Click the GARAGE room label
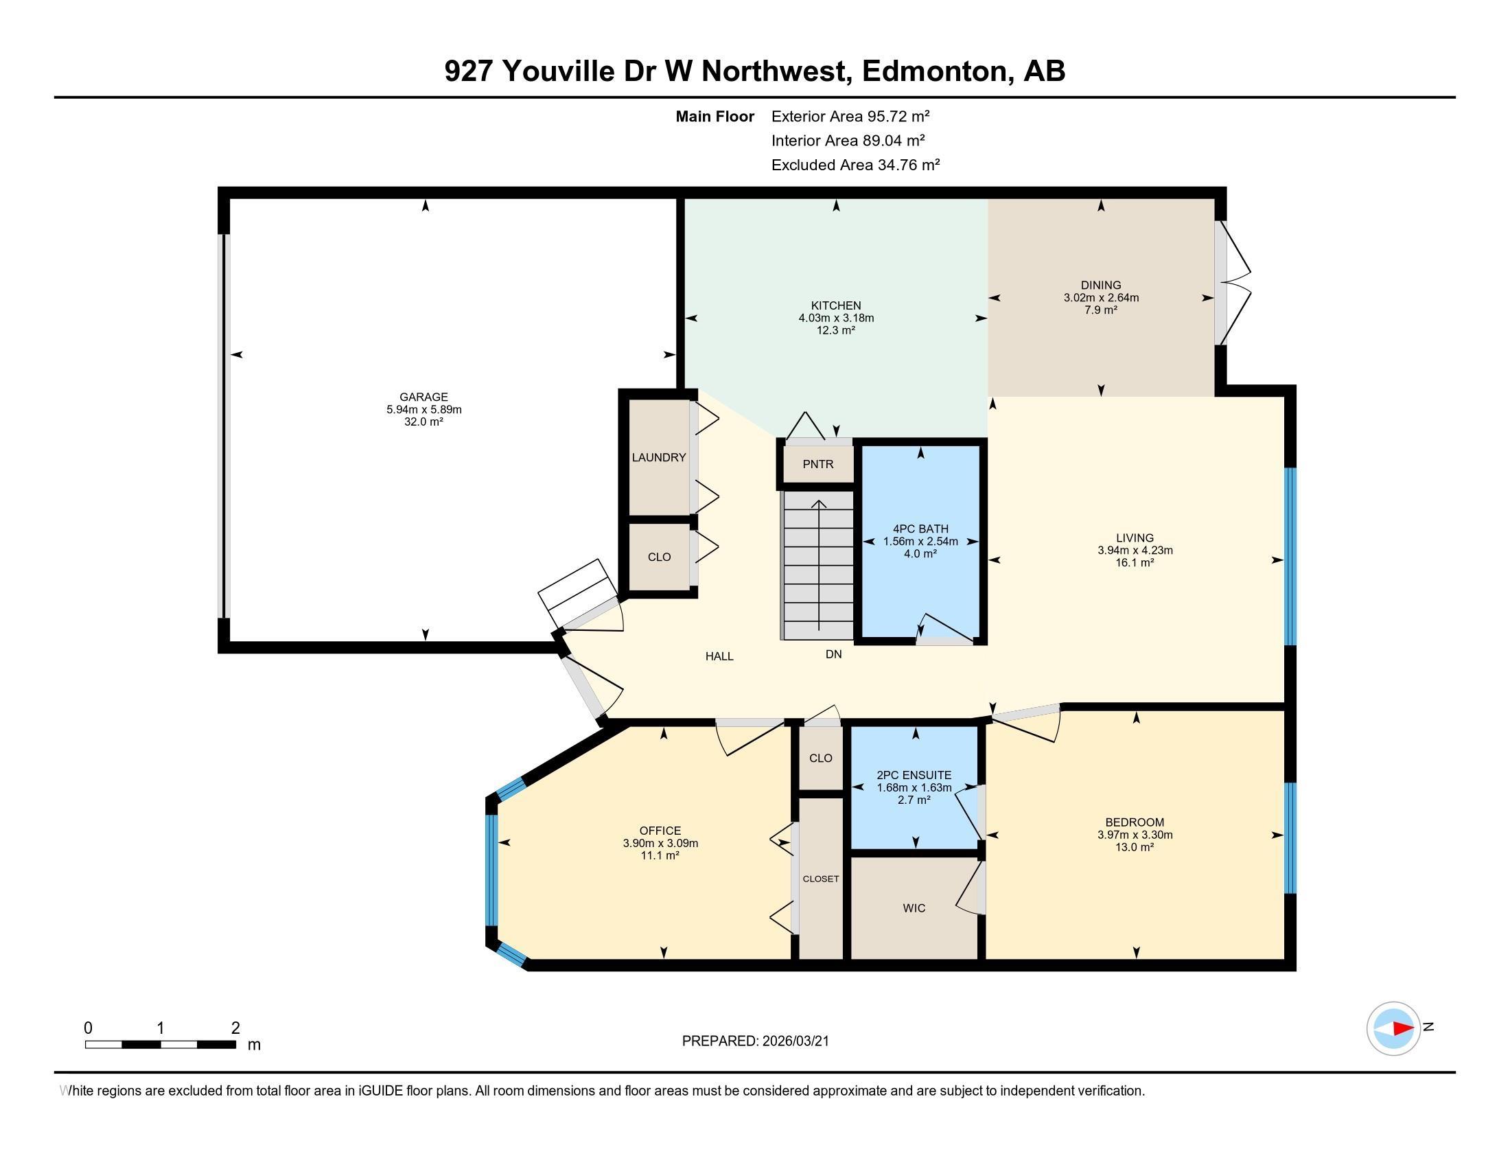tap(423, 397)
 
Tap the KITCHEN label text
tap(836, 305)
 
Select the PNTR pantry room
tap(818, 464)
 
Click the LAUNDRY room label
tap(659, 457)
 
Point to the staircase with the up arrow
tap(819, 565)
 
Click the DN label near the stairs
tap(834, 654)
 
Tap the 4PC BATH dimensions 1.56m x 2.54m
tap(920, 542)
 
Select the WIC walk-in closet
tap(914, 908)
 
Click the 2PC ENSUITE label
tap(914, 775)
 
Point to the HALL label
tap(719, 656)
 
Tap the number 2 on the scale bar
tap(235, 1028)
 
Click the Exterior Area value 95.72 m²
tap(898, 116)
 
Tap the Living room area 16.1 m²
tap(1135, 563)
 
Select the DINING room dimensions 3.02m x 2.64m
tap(1101, 298)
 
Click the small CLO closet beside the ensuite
tap(821, 758)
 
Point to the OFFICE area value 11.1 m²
tap(660, 855)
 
